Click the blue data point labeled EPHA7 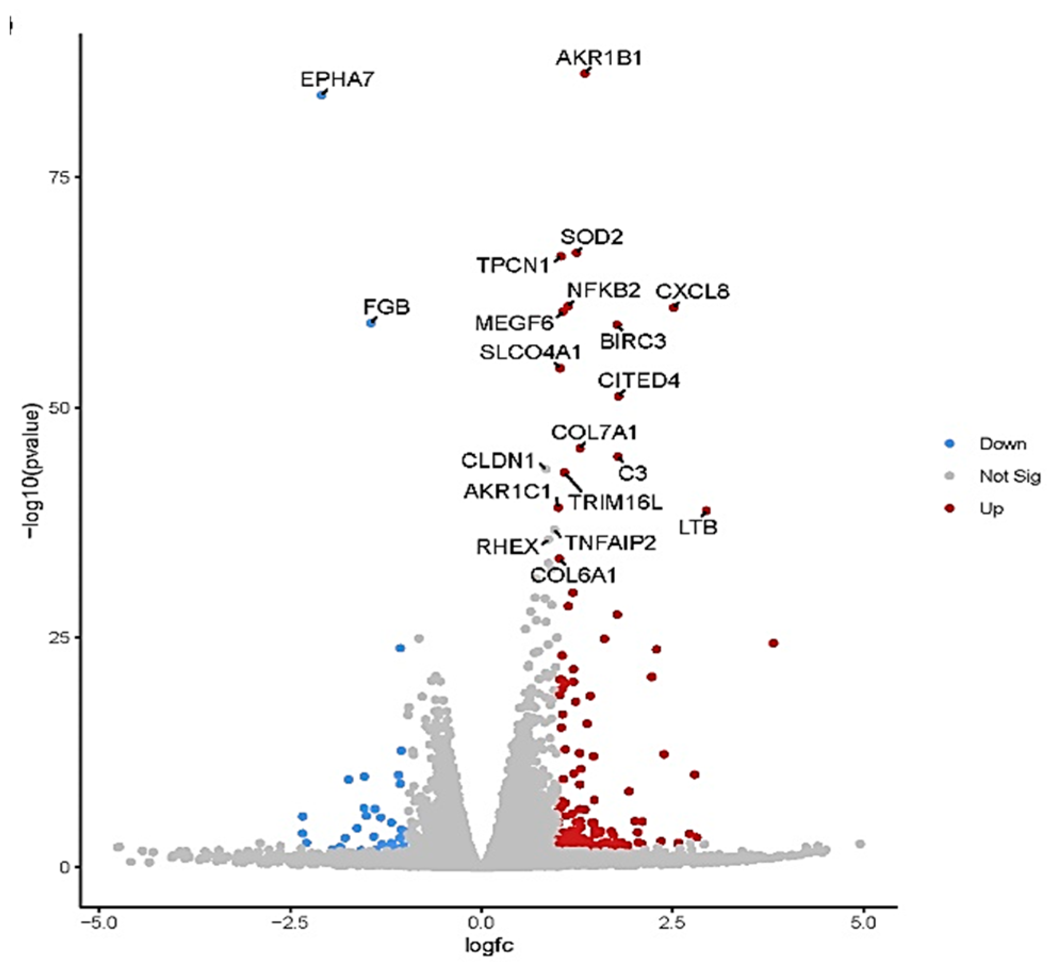click(x=321, y=95)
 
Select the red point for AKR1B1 click(x=585, y=74)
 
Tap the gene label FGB click(x=387, y=307)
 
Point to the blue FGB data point click(x=371, y=323)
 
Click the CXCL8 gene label click(x=692, y=292)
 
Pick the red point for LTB click(x=706, y=511)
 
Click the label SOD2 click(x=591, y=237)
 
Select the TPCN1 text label click(x=513, y=265)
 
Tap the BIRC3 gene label click(x=633, y=341)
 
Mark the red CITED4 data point click(x=618, y=396)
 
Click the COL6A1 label click(x=573, y=575)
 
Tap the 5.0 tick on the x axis click(x=863, y=922)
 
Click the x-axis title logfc click(x=489, y=945)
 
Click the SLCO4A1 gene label click(x=530, y=352)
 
